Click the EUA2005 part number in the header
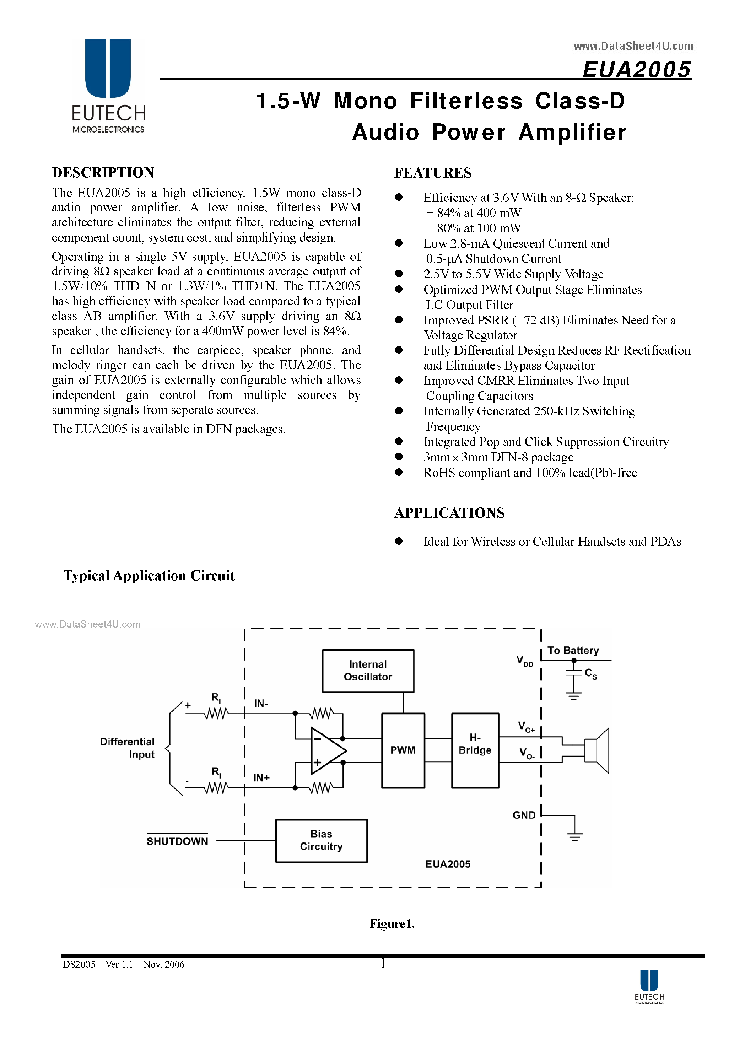(x=636, y=70)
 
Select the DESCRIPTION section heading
(x=103, y=172)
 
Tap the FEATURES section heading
(x=433, y=173)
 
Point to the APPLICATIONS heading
(x=449, y=513)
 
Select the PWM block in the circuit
(x=403, y=750)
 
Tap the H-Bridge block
(x=475, y=750)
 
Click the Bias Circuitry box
(x=321, y=840)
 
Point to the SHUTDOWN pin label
(x=177, y=841)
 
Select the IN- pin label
(x=261, y=703)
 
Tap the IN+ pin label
(x=261, y=777)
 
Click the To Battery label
(x=573, y=650)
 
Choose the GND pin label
(x=524, y=815)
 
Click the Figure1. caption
(x=392, y=924)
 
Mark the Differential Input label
(x=128, y=748)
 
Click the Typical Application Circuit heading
(x=149, y=576)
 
